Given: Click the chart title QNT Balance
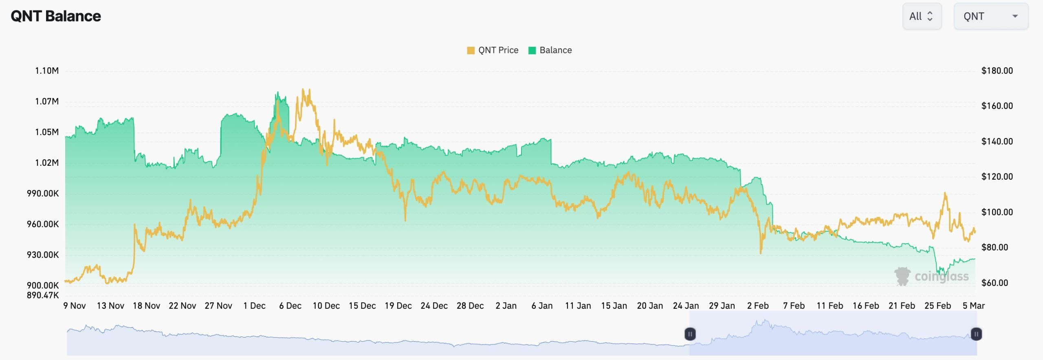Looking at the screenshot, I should coord(56,16).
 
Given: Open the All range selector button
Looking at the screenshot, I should coord(922,16).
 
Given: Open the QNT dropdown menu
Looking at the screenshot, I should coord(990,16).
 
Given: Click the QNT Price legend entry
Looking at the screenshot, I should coord(493,50).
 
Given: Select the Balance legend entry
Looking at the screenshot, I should coord(550,50).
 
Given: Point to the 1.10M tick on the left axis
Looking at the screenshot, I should coord(47,71).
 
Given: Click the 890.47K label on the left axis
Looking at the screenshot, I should coord(43,295).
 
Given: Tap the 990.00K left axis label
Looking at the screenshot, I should coord(43,193).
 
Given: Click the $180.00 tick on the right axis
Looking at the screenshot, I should coord(997,71).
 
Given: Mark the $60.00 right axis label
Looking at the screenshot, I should coord(995,283).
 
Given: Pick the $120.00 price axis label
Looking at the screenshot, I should coord(997,177).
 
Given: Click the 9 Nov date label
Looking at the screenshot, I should coord(75,305).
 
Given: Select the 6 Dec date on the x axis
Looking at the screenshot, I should coord(290,305).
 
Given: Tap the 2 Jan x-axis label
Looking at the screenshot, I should coord(506,305).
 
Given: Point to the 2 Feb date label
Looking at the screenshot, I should coord(758,305).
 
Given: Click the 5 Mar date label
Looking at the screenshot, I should coord(973,305).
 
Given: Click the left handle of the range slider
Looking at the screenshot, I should coord(690,334).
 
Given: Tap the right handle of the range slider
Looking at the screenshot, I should coord(976,334).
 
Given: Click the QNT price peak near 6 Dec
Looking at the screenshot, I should coord(303,90).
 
